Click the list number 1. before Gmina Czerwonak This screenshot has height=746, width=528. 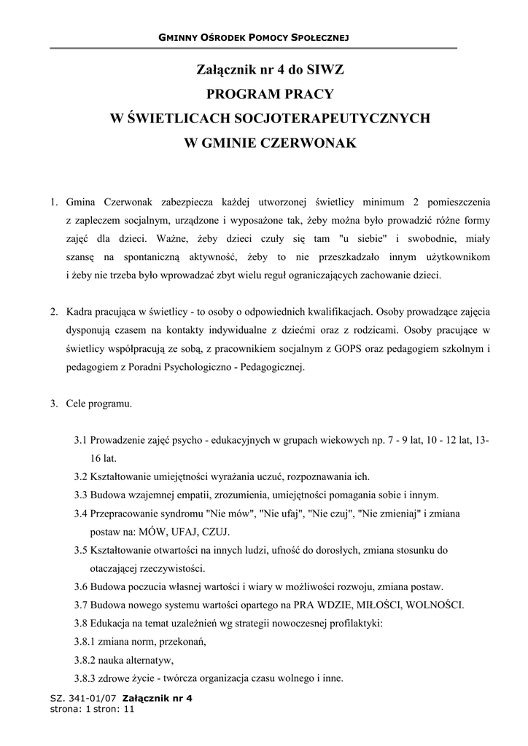click(54, 200)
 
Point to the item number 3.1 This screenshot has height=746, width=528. click(81, 441)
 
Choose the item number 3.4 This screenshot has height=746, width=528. click(81, 514)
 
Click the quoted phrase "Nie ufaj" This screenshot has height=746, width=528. click(280, 514)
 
